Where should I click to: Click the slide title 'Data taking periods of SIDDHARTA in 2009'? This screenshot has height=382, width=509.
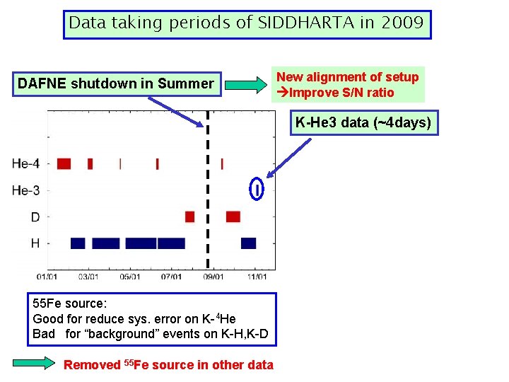coord(246,23)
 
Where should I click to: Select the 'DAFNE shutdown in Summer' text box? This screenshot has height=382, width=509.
coord(115,84)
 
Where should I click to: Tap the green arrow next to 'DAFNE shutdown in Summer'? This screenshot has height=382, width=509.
coord(245,86)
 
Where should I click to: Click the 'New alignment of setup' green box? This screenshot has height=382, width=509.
coord(347,85)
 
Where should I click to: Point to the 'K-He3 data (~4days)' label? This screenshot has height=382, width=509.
coord(363,123)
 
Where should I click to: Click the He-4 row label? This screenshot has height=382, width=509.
coord(25,164)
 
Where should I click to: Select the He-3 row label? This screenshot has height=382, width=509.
coord(25,190)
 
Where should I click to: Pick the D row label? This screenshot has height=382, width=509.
coord(35,217)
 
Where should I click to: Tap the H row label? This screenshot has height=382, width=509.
coord(35,243)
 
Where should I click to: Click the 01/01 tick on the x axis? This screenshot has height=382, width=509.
coord(48,276)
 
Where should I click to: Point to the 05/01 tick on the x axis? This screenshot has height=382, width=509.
coord(131,276)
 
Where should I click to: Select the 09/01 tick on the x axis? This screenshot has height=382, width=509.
coord(214,276)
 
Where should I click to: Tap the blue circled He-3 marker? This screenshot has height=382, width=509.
coord(257,190)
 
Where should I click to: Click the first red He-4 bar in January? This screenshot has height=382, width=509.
coord(64,163)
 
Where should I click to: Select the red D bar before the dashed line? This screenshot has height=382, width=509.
coord(189,216)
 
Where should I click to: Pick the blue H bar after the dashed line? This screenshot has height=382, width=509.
coord(248,243)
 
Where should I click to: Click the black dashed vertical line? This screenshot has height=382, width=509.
coord(207,198)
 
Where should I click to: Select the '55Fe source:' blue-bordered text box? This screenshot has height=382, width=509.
coord(150,318)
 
